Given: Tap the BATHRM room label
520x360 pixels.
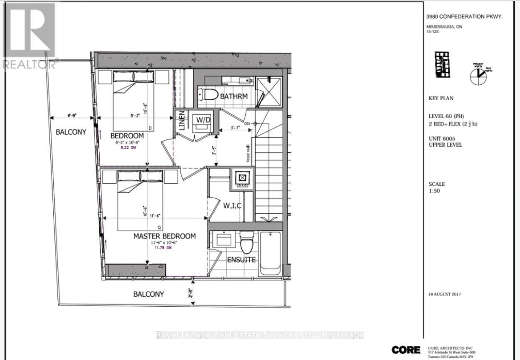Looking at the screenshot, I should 234,96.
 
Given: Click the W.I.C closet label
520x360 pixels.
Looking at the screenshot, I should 232,206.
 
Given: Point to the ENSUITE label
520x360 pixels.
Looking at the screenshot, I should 241,260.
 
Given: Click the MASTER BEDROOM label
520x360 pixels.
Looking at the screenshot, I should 164,236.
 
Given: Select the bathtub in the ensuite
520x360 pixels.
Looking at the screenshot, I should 270,253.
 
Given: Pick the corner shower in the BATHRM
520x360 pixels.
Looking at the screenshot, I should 269,91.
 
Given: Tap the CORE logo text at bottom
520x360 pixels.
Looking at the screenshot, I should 406,350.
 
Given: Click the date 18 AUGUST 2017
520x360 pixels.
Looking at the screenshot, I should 445,294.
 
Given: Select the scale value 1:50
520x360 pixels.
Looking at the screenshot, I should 434,191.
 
